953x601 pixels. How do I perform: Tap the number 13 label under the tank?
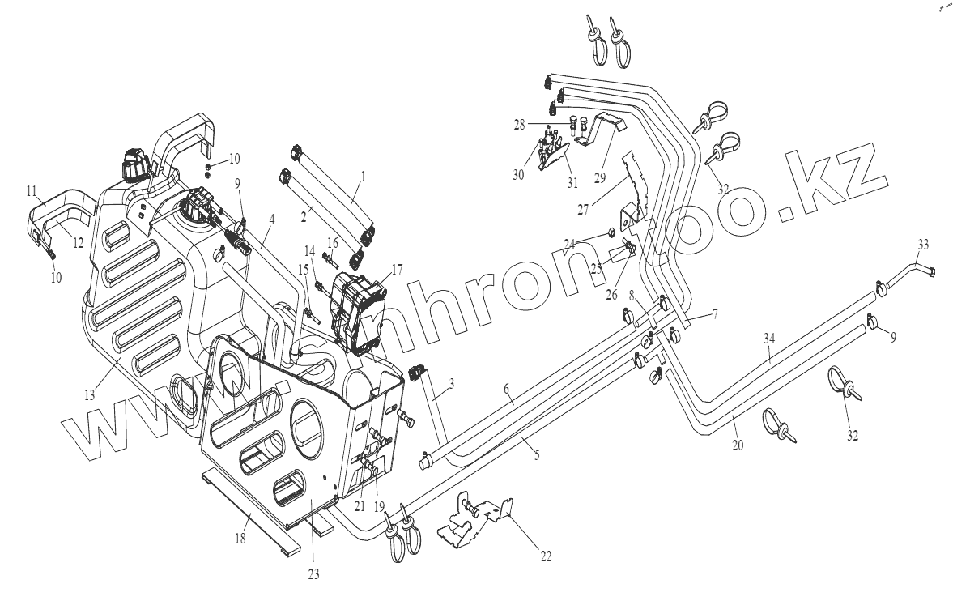[x=89, y=395]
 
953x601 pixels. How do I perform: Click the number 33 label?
[x=923, y=244]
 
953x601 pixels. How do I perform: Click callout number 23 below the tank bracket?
[x=313, y=574]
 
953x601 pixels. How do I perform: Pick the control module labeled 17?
[x=356, y=312]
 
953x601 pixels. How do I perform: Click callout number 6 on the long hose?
[x=508, y=390]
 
